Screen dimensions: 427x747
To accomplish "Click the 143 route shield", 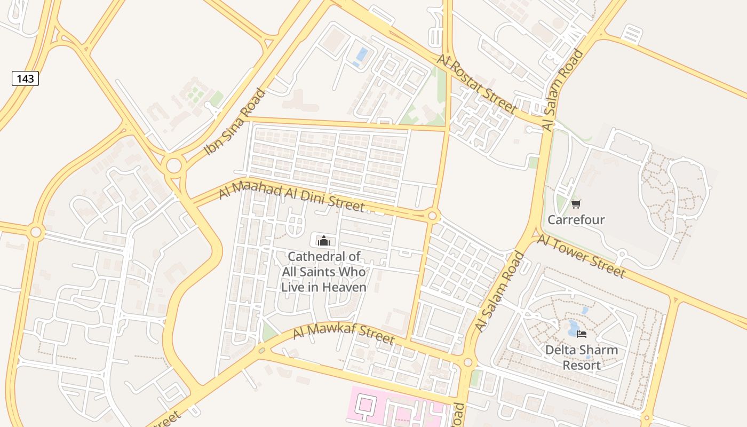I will (x=25, y=79).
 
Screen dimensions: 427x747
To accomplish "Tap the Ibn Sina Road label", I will (x=234, y=122).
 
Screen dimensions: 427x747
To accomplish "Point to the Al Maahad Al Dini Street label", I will (x=292, y=197).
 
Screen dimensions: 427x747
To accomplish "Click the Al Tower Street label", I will (x=581, y=256).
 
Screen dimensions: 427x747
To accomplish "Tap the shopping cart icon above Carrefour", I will (x=576, y=204).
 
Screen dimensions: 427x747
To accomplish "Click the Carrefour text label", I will (x=576, y=220).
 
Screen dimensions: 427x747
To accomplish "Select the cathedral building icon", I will (x=323, y=241).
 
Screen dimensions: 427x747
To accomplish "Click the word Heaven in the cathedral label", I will (x=344, y=287).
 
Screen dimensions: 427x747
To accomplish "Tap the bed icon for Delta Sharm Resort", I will (x=582, y=334).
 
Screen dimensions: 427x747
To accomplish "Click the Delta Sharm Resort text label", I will (x=581, y=358).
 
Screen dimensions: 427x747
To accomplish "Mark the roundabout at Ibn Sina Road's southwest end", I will (x=174, y=165).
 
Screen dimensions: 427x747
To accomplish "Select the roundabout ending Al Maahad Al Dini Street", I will (x=433, y=217).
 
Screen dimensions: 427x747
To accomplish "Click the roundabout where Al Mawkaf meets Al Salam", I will (x=468, y=362).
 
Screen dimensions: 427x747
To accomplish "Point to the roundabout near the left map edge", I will (x=36, y=232).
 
